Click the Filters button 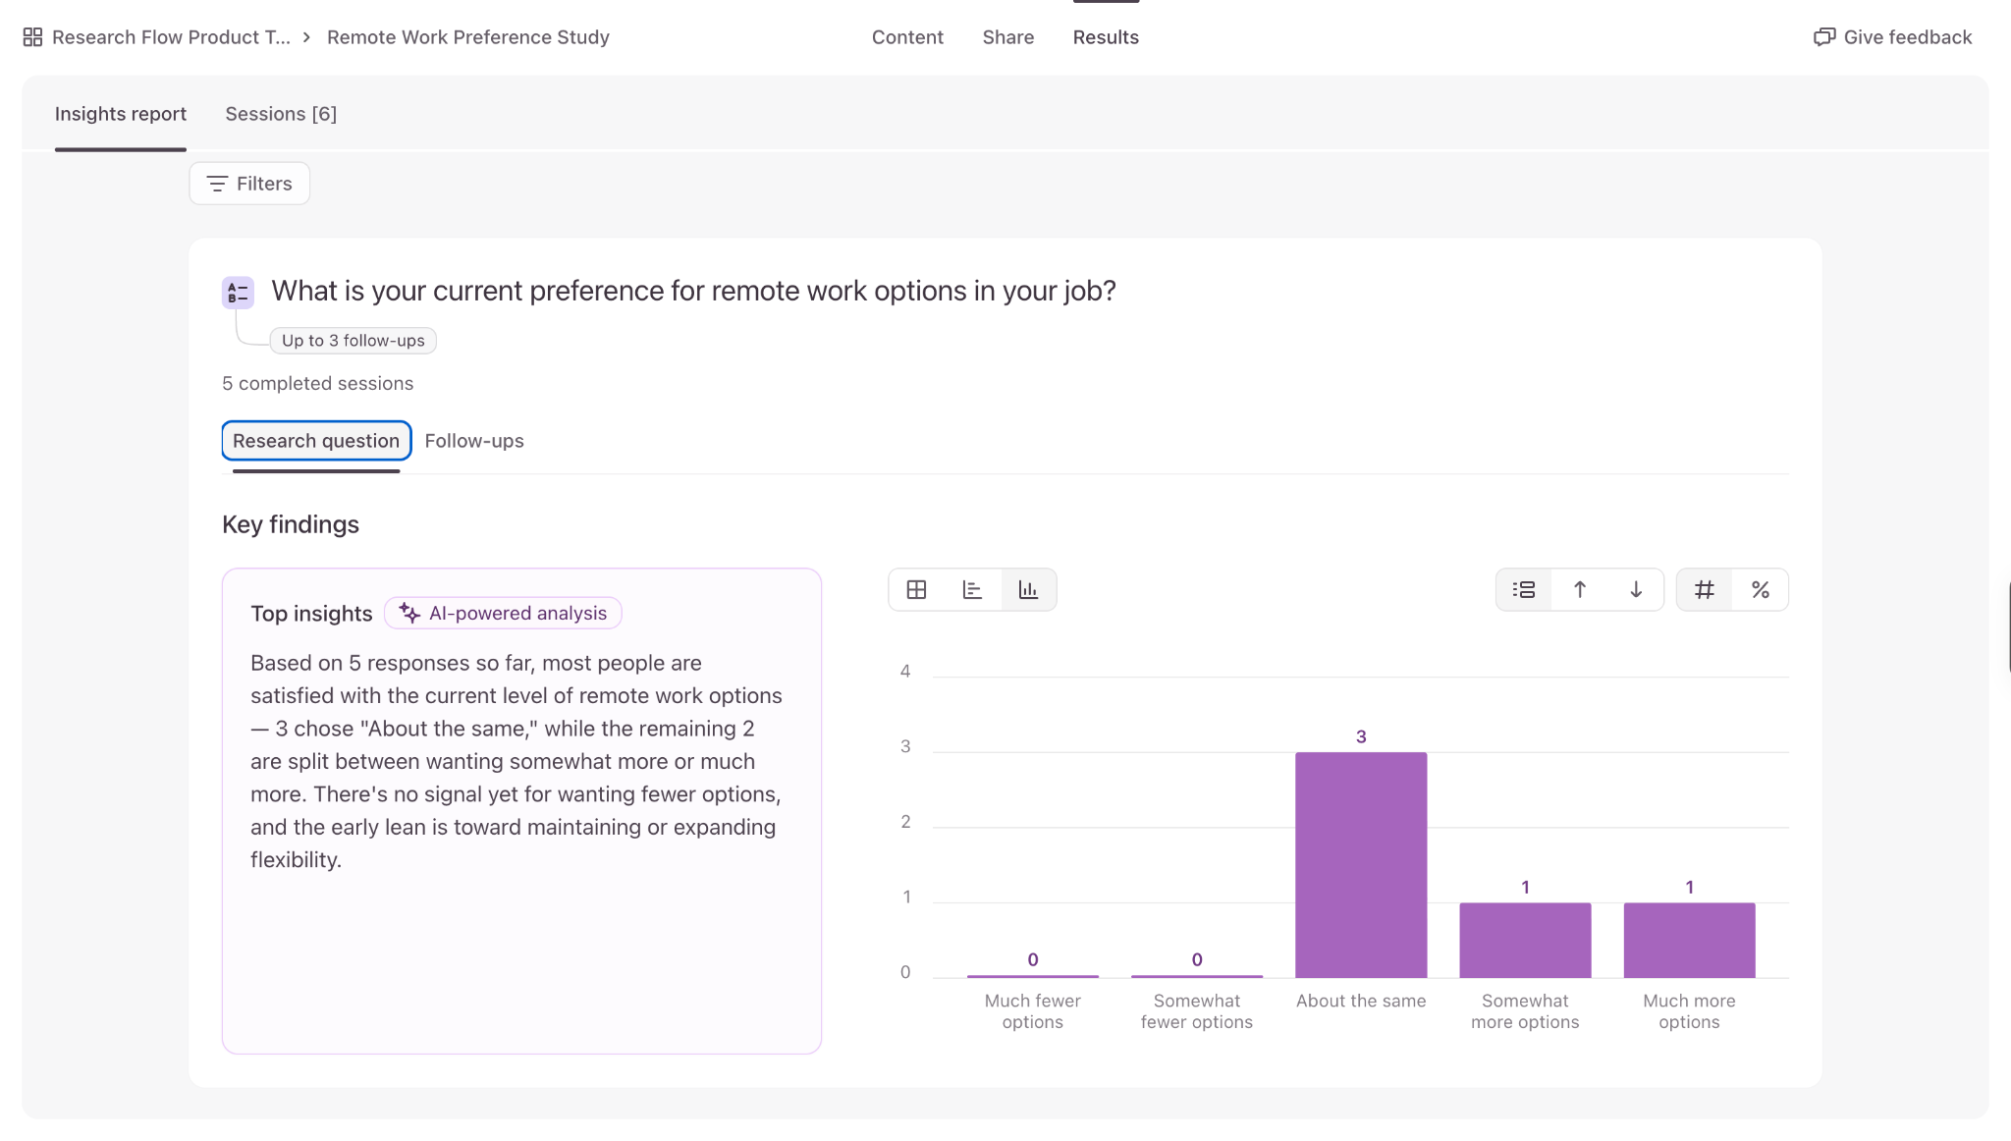(249, 184)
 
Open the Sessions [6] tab (281, 114)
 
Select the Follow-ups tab (474, 441)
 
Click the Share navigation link (1008, 37)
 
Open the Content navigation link (907, 37)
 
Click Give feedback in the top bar (1892, 37)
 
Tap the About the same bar (1361, 865)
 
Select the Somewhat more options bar (1525, 941)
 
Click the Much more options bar (1689, 941)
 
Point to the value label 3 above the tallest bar (1361, 736)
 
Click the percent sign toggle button (1761, 590)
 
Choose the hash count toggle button (1705, 590)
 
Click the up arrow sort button (1580, 590)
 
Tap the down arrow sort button (1636, 590)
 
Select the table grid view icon (916, 590)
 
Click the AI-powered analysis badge (503, 614)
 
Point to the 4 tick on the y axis (905, 672)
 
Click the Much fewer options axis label (1033, 1011)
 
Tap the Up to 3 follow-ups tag (353, 341)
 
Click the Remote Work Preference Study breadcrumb (468, 37)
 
